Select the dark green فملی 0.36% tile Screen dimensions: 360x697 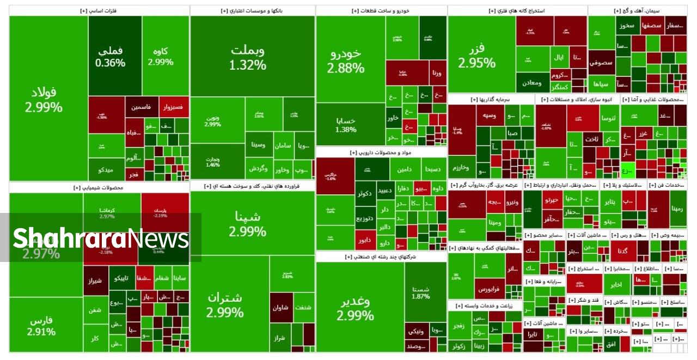coord(110,56)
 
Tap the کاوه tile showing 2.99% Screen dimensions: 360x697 coord(161,56)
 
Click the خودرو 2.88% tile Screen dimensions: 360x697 coord(346,60)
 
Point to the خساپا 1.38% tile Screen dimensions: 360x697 coord(346,125)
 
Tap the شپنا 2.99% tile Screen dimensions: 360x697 coord(248,223)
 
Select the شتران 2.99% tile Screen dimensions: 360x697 coord(225,304)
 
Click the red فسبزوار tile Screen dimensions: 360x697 coord(174,107)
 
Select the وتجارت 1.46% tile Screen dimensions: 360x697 coord(212,162)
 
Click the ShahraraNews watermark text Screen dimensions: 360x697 coord(101,239)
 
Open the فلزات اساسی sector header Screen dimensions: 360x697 coord(99,11)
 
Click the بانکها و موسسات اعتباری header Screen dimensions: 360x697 coord(252,11)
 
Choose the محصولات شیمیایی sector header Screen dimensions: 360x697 coord(99,187)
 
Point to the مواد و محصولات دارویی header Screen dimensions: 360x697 coord(381,153)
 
